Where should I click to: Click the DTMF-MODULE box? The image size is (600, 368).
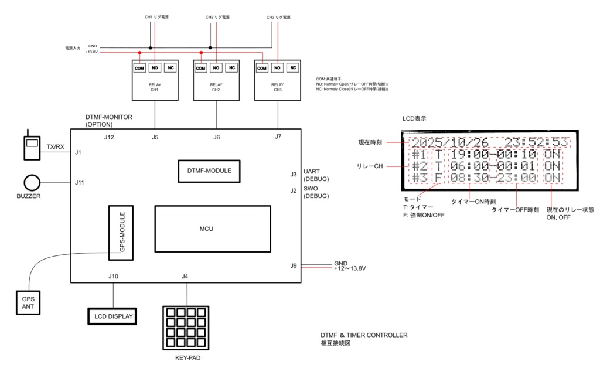[210, 171]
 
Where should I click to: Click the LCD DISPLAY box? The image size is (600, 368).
[111, 316]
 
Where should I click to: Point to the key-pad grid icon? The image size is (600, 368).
[185, 326]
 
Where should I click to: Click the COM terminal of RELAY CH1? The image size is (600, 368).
[139, 68]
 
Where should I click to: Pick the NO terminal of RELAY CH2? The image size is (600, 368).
[216, 68]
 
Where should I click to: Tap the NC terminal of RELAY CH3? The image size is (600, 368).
[292, 68]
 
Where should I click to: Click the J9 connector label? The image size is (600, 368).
[294, 265]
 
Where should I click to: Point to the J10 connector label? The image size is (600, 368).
[112, 276]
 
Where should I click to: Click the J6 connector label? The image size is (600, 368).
[216, 137]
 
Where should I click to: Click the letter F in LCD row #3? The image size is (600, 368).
[438, 178]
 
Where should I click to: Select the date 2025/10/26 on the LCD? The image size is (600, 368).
[448, 142]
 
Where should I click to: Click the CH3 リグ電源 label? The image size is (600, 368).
[278, 18]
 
